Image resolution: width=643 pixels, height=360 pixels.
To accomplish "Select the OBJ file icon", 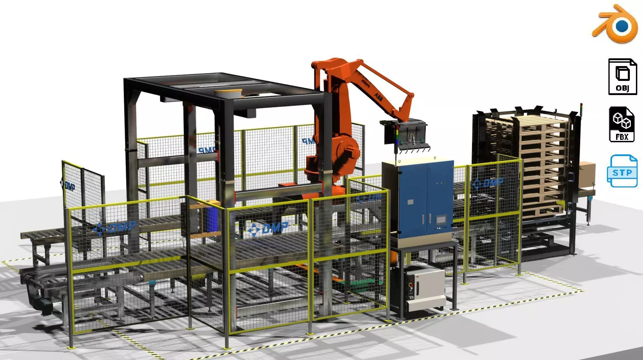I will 622,77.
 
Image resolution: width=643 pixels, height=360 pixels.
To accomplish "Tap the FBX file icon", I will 622,124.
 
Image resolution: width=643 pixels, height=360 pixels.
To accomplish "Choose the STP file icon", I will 622,171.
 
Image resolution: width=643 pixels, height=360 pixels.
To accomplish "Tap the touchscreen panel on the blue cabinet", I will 441,220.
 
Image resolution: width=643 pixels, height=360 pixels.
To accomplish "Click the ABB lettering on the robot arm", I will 378,97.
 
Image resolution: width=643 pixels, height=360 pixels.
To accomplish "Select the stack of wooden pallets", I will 539,165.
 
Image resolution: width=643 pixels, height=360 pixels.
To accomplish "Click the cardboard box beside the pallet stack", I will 587,173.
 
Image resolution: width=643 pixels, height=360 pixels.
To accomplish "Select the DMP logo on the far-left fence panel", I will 68,185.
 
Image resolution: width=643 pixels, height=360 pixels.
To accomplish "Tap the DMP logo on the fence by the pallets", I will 488,184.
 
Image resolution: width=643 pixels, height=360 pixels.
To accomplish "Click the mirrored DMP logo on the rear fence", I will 206,150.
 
